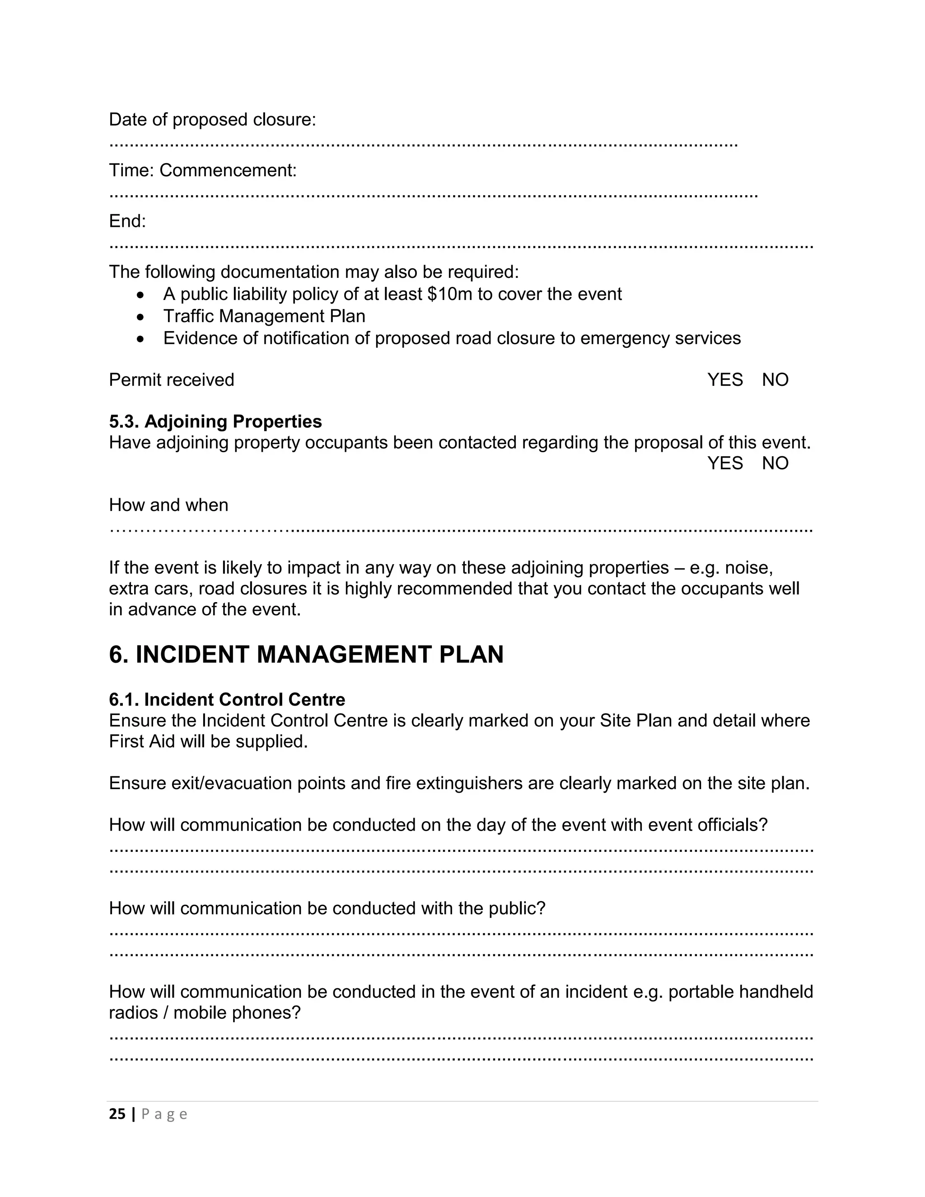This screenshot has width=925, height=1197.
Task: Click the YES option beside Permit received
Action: click(724, 380)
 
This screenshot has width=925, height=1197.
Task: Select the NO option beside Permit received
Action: click(775, 380)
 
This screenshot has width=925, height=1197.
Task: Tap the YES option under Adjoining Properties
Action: click(724, 463)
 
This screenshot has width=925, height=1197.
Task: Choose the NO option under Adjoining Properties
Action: click(775, 463)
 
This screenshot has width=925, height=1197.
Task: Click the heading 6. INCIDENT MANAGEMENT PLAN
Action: click(306, 655)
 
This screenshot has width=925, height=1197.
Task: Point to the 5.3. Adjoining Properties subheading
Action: click(215, 421)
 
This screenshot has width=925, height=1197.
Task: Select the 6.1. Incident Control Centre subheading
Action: click(227, 699)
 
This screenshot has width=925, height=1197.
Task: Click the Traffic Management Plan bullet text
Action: click(264, 316)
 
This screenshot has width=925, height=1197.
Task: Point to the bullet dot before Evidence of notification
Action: click(141, 339)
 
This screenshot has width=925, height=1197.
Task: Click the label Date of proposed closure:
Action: click(213, 120)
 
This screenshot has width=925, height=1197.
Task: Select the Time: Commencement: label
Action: click(203, 170)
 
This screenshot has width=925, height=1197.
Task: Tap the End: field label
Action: click(127, 221)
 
